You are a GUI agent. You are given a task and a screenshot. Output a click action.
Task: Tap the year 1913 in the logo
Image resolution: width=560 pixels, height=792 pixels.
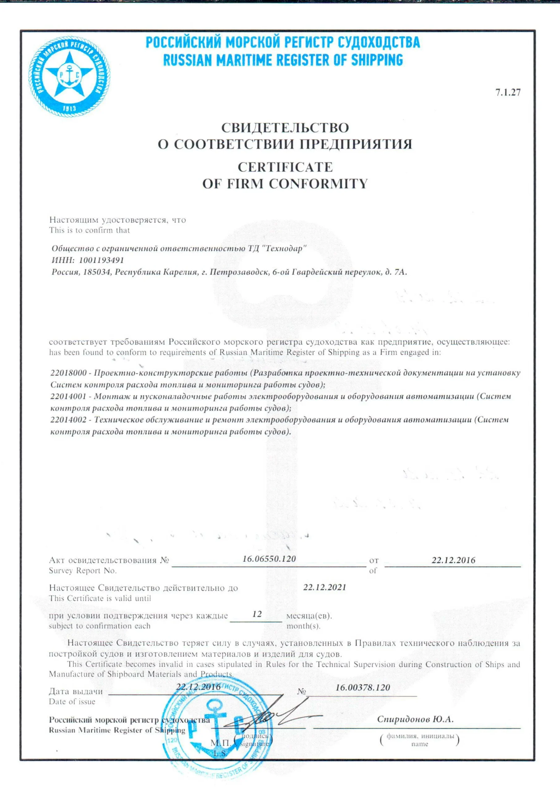(x=70, y=109)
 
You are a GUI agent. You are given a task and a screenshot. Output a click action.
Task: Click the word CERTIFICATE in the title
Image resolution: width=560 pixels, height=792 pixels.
(x=285, y=167)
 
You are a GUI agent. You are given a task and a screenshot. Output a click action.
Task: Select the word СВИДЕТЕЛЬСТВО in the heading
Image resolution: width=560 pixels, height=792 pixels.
(x=285, y=128)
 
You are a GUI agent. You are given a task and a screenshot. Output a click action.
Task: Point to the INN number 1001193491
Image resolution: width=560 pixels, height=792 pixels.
(x=101, y=260)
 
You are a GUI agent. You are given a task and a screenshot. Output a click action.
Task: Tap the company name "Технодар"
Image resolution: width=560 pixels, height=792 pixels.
(x=284, y=248)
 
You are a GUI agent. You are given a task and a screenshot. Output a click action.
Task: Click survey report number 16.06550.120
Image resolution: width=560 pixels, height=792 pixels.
(x=269, y=559)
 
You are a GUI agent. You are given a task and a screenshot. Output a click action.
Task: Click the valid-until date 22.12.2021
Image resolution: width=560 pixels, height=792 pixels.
(x=324, y=587)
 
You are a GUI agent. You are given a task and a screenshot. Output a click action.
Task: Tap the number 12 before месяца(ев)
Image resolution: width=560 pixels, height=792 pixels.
(x=257, y=614)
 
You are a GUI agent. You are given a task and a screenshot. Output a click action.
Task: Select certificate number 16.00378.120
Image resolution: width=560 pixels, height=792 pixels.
(x=362, y=687)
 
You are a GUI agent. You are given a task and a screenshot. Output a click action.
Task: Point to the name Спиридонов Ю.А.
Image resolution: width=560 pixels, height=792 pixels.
(x=415, y=719)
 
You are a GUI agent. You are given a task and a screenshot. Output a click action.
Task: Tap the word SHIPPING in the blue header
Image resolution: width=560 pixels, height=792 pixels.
(x=377, y=60)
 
